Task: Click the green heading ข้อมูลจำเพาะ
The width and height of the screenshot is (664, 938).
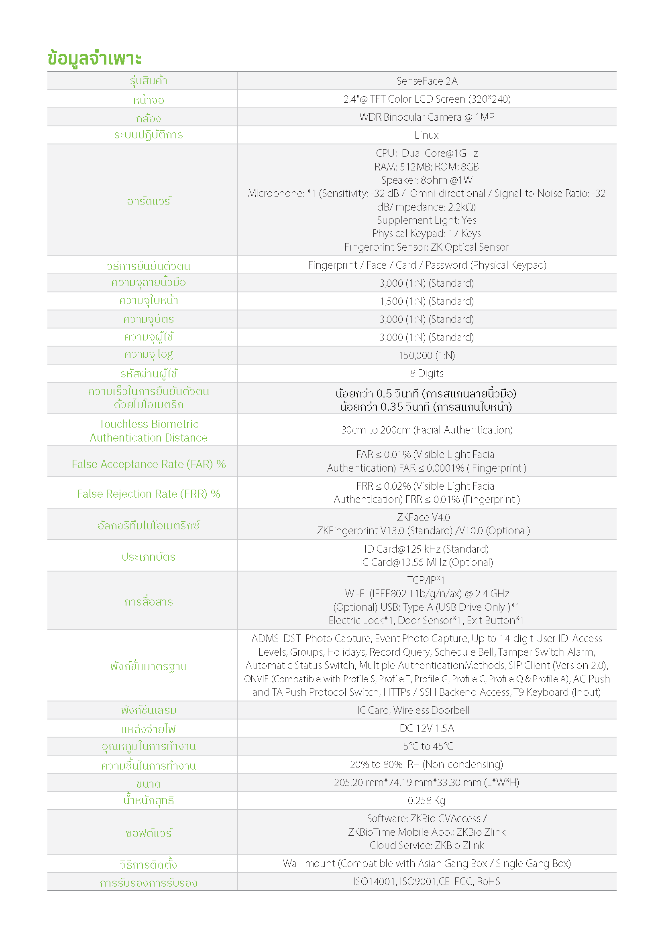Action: (x=94, y=59)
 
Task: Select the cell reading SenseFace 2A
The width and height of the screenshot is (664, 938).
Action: (x=426, y=81)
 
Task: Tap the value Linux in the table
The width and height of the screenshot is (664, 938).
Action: (x=426, y=135)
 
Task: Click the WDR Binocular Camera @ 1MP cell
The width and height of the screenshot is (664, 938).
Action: (x=426, y=117)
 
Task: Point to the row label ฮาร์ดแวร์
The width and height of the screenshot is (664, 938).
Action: (x=149, y=201)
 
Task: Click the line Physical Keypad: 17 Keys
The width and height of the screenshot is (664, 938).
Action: (x=426, y=233)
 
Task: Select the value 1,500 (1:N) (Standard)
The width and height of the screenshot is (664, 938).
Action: (x=426, y=301)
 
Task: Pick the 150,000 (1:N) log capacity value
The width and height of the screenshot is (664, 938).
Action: (x=426, y=355)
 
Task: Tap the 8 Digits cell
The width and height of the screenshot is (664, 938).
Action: (x=426, y=373)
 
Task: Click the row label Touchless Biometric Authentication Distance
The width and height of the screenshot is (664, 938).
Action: (x=149, y=431)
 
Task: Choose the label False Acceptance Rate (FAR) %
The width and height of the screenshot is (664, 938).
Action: (x=149, y=464)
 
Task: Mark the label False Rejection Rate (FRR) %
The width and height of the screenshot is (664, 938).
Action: (x=149, y=494)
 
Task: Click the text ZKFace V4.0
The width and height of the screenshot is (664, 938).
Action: (x=424, y=517)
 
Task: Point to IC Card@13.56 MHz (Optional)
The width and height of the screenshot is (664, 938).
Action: (x=426, y=562)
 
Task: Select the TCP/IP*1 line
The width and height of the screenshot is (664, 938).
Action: (x=426, y=580)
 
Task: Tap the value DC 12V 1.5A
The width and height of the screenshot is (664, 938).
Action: (x=426, y=728)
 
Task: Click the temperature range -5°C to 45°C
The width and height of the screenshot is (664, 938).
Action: (x=426, y=746)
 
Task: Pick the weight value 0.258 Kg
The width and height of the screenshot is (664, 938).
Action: (x=426, y=800)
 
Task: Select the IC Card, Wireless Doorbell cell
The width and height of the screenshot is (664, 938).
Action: (x=413, y=710)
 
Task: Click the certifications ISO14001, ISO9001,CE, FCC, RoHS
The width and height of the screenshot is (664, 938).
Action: (x=426, y=881)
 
